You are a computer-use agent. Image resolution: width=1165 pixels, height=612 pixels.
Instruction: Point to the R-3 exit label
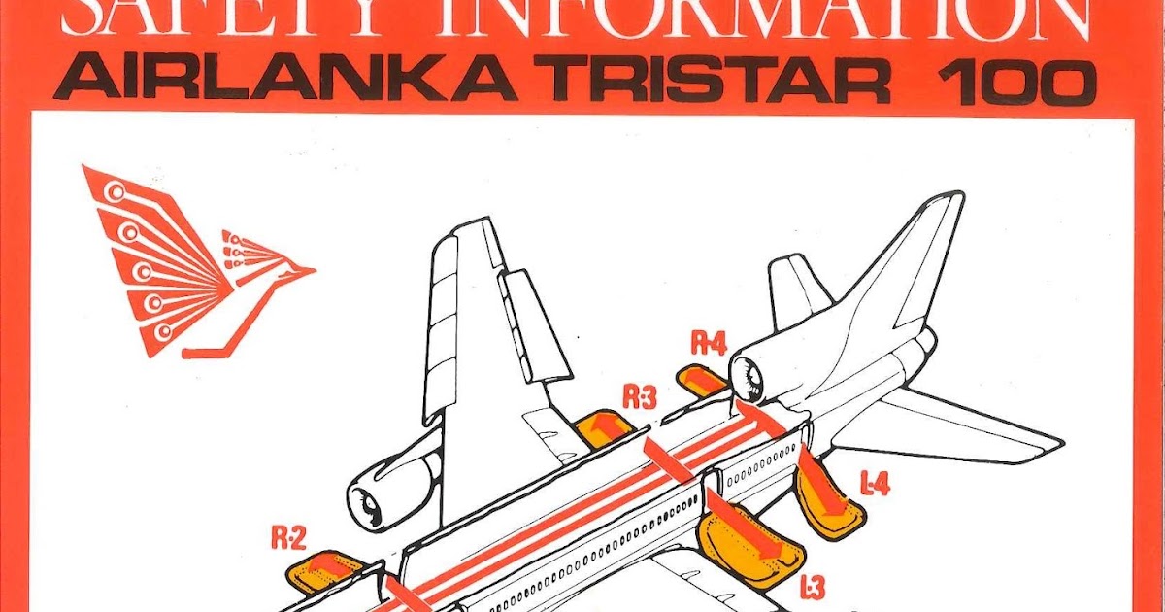click(641, 397)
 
